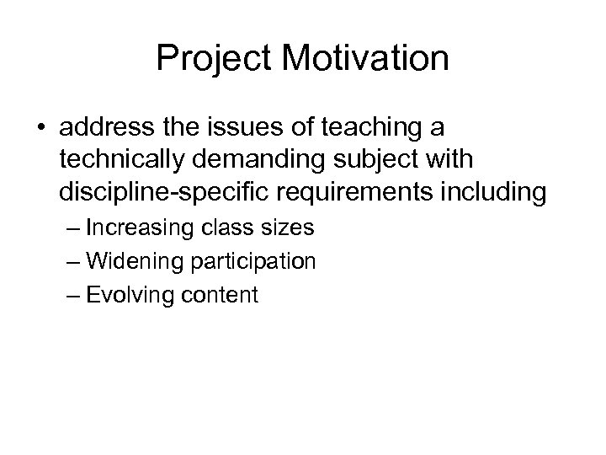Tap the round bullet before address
pos(41,130)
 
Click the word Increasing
pos(138,229)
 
